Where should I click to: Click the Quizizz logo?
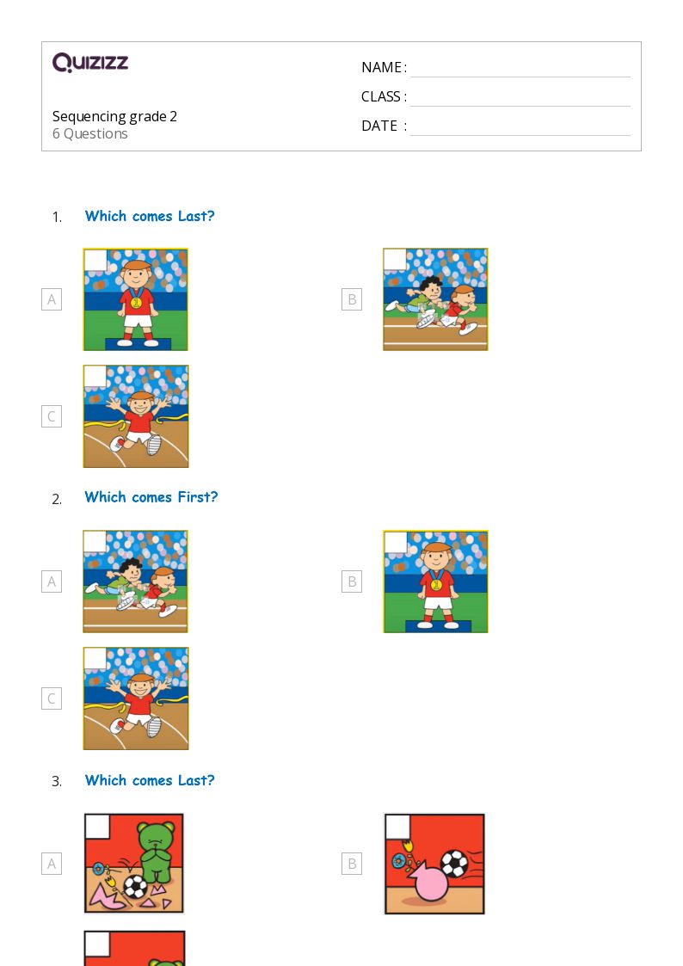(90, 62)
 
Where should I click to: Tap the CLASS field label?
(384, 96)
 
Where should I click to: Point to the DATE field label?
(384, 126)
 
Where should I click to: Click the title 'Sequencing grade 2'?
(114, 116)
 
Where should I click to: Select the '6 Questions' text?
(90, 133)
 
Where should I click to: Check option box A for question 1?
(52, 299)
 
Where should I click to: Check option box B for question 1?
(352, 299)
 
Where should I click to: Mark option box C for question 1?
(52, 416)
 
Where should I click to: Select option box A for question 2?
(52, 581)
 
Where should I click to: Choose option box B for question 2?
(352, 581)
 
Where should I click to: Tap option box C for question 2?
(52, 698)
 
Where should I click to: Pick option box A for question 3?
(52, 864)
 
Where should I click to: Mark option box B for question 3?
(352, 864)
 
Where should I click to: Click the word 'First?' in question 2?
(198, 497)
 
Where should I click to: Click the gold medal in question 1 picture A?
(137, 303)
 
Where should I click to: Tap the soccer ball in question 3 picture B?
(455, 864)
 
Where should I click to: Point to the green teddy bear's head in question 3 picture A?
(155, 838)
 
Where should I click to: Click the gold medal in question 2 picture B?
(437, 585)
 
